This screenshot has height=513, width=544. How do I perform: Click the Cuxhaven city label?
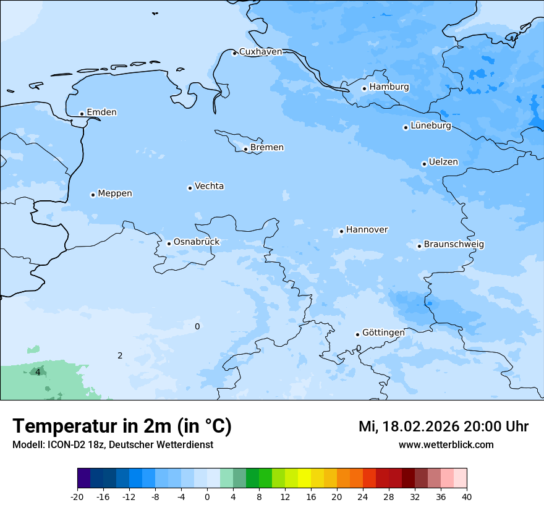click(260, 52)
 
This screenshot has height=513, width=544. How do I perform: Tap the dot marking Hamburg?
click(364, 88)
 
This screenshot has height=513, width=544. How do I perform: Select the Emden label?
click(101, 112)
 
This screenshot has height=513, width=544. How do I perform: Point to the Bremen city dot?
click(245, 149)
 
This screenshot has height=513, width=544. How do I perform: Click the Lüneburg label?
click(430, 126)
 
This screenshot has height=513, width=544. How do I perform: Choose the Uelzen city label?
click(443, 163)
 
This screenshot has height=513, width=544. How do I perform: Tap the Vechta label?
click(209, 186)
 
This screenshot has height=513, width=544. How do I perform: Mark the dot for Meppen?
click(93, 195)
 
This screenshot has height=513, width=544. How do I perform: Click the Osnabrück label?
click(197, 242)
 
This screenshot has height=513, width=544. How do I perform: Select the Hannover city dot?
click(341, 232)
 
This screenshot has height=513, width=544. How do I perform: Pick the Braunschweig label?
click(454, 245)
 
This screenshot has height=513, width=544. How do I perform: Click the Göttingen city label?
click(383, 333)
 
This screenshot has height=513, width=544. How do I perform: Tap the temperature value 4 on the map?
click(38, 372)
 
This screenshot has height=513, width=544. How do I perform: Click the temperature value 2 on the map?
click(120, 355)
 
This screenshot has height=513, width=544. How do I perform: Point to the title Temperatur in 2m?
click(122, 426)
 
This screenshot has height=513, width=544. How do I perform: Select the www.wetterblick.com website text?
click(446, 445)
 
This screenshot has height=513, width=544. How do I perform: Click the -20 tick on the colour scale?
click(77, 496)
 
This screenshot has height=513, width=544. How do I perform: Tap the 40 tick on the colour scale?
click(467, 496)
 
